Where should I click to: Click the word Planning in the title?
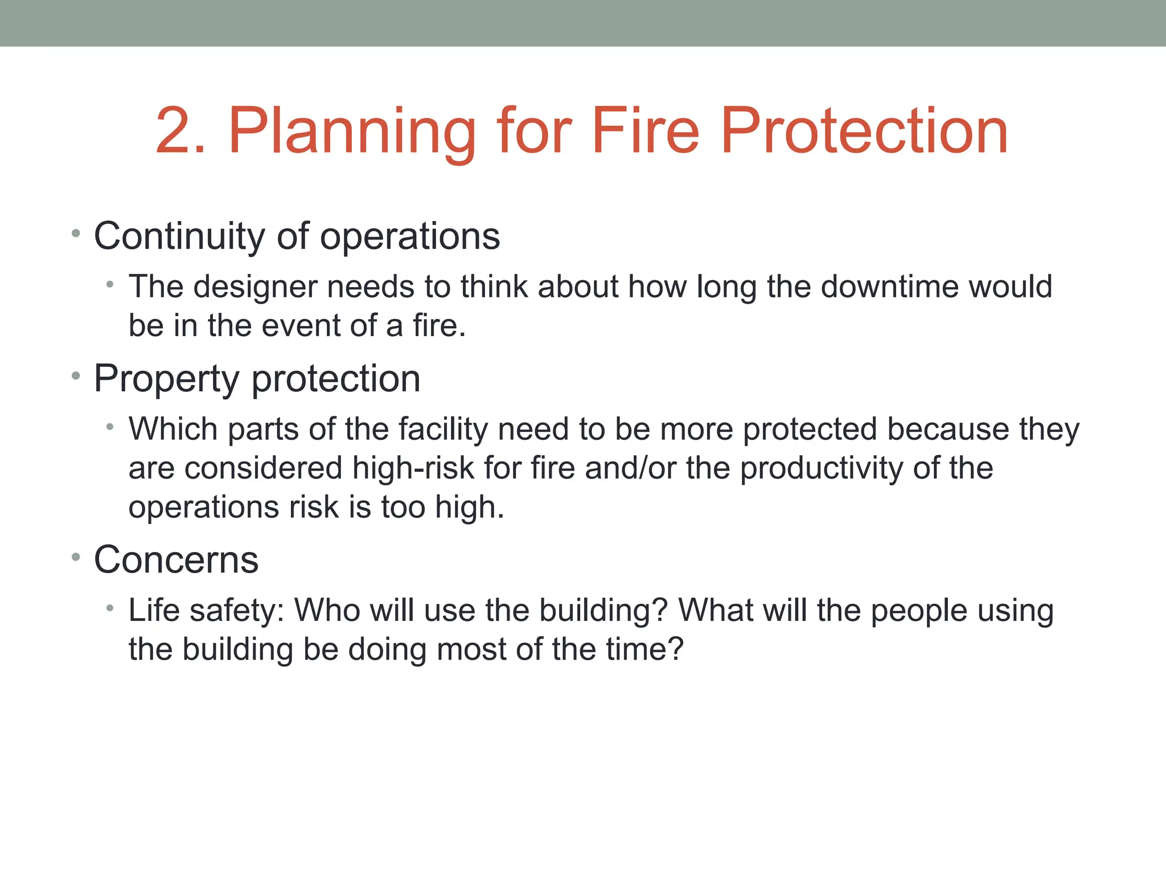click(x=351, y=132)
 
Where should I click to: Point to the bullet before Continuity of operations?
click(x=76, y=234)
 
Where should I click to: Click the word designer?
click(x=255, y=287)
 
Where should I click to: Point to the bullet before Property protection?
click(x=76, y=376)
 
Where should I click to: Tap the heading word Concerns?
click(x=176, y=560)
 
